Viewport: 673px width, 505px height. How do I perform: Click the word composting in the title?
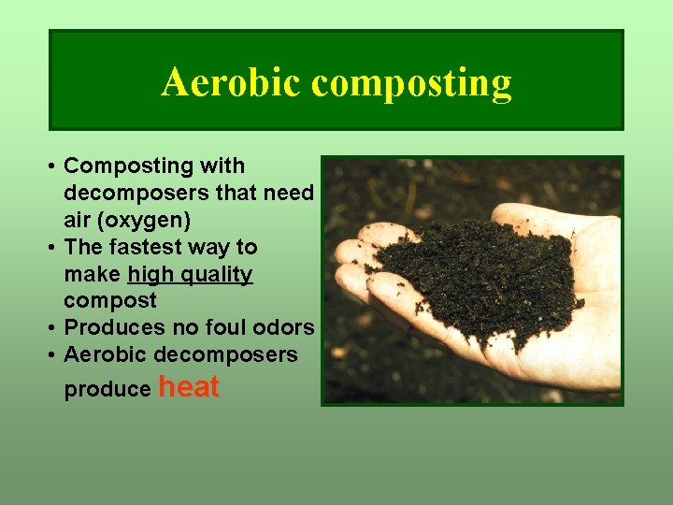point(411,83)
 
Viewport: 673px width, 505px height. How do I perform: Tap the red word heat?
point(190,386)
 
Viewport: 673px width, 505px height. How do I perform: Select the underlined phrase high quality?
point(190,274)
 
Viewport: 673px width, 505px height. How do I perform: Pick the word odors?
point(283,327)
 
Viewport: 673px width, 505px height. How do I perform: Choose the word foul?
point(225,327)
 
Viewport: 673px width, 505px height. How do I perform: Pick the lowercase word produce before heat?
point(107,390)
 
